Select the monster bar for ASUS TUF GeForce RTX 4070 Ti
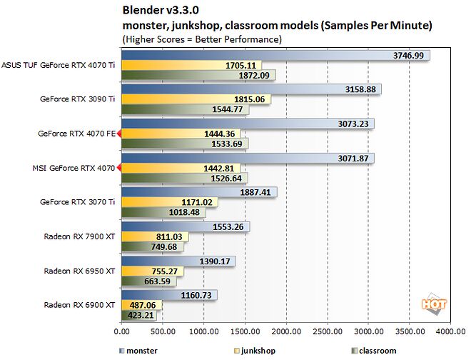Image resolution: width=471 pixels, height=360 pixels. click(x=275, y=56)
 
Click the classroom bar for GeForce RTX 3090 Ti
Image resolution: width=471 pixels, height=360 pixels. click(x=186, y=109)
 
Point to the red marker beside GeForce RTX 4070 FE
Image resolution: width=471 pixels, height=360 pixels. click(x=119, y=134)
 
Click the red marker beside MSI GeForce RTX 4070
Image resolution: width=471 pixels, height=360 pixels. click(x=119, y=168)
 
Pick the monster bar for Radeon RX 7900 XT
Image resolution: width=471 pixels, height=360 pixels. click(x=186, y=226)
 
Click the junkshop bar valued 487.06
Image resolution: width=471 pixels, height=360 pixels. click(x=142, y=305)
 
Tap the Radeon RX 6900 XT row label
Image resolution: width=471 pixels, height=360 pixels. click(x=79, y=305)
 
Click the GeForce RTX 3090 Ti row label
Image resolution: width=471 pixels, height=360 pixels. click(x=78, y=99)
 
